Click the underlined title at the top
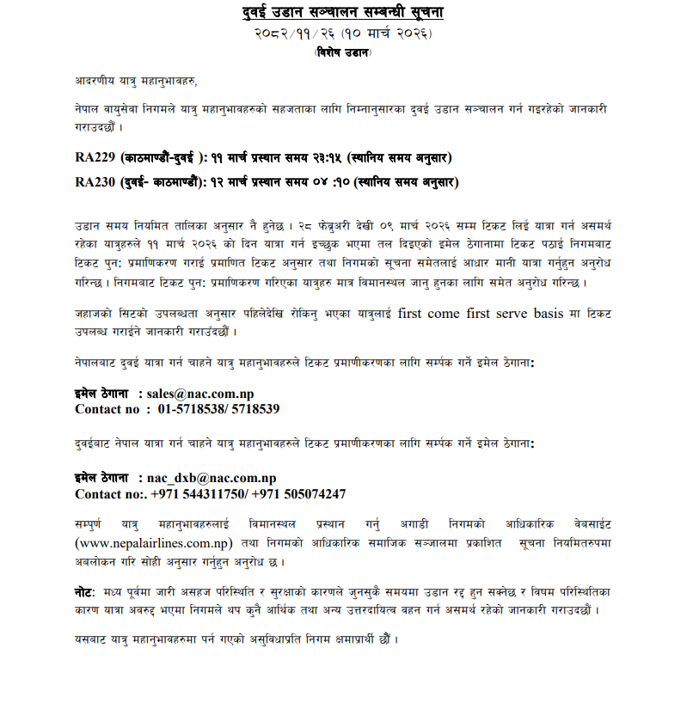[343, 13]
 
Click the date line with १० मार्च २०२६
[343, 34]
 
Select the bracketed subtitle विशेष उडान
[343, 52]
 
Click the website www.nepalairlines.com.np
[154, 542]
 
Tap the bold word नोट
[86, 594]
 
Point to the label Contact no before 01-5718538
[107, 409]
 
